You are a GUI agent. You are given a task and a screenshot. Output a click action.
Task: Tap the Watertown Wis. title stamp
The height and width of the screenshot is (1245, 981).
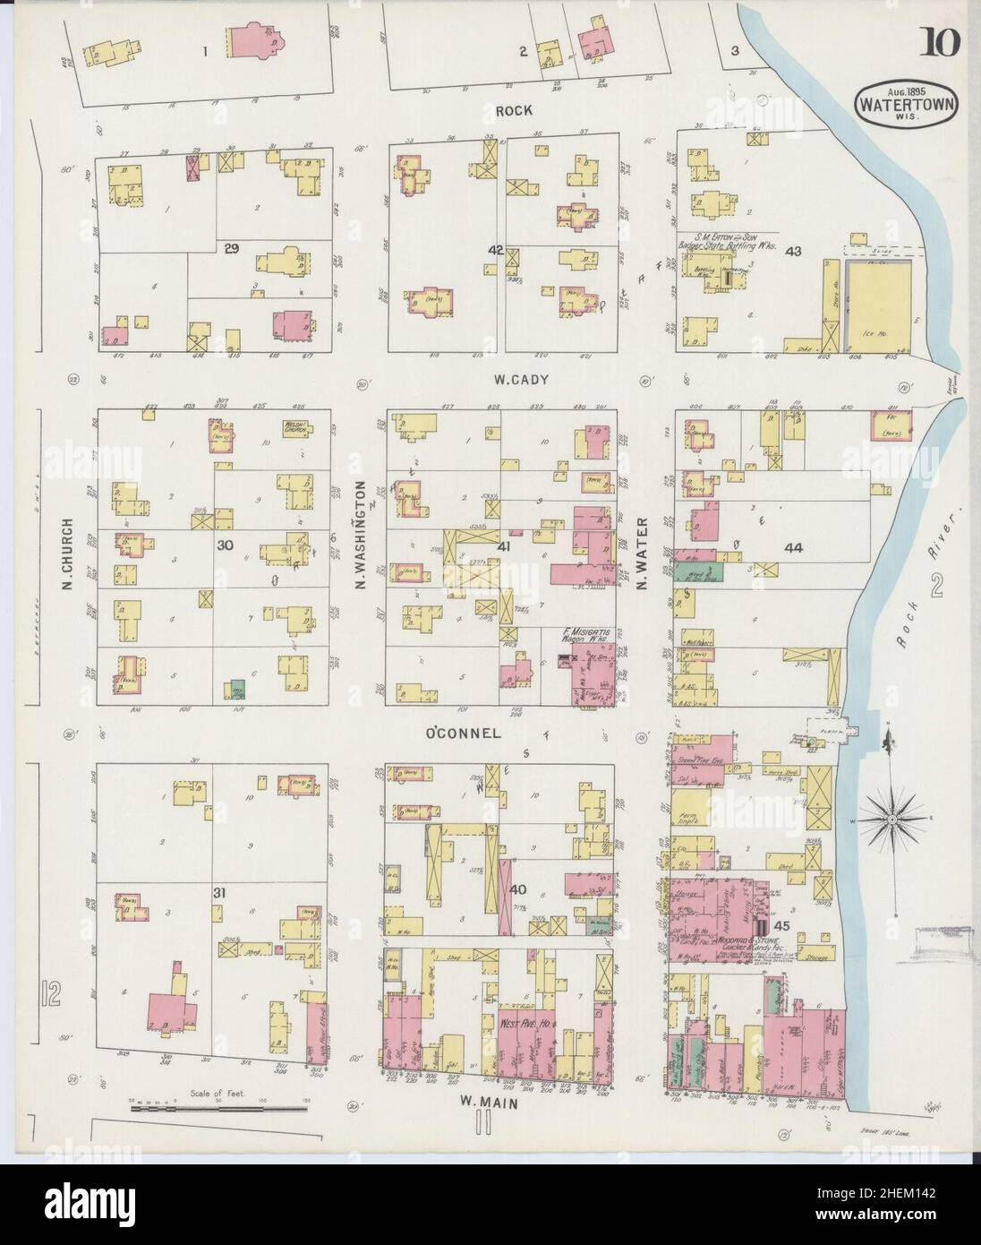[908, 100]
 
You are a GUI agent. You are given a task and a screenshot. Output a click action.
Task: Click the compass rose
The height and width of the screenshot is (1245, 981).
[892, 820]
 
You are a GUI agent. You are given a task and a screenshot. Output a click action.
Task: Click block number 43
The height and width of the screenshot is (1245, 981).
[791, 251]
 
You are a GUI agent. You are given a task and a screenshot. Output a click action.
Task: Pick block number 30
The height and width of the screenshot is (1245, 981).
[224, 543]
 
